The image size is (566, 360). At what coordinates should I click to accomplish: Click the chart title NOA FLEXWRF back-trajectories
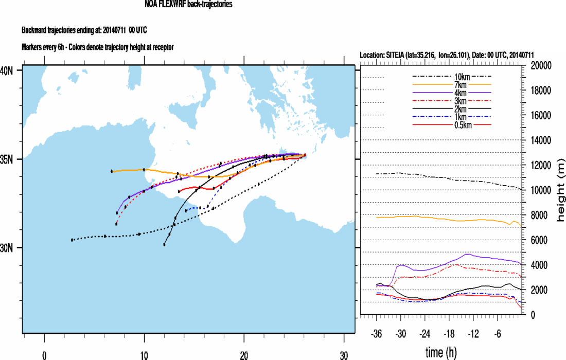click(x=189, y=4)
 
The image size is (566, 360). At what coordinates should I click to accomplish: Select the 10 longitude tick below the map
click(x=144, y=354)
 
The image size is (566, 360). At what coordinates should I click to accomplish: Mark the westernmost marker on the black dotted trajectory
click(x=72, y=240)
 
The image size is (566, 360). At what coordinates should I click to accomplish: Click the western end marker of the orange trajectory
click(x=112, y=171)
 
